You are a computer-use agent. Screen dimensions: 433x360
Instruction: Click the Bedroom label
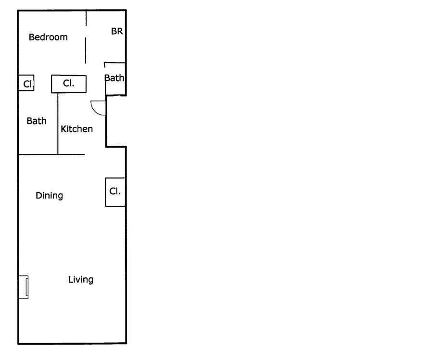pyautogui.click(x=48, y=37)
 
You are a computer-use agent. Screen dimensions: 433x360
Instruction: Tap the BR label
pyautogui.click(x=117, y=31)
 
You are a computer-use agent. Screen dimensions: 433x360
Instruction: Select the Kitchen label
pyautogui.click(x=76, y=129)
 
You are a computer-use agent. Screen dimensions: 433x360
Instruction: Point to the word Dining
pyautogui.click(x=49, y=196)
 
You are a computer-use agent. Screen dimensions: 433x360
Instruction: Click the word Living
pyautogui.click(x=80, y=279)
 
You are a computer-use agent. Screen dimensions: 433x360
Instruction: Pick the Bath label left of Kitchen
pyautogui.click(x=37, y=121)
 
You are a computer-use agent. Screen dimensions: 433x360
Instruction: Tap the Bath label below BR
pyautogui.click(x=115, y=78)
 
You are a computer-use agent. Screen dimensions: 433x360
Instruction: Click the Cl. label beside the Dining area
pyautogui.click(x=115, y=191)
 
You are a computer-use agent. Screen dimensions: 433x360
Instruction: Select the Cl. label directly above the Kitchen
pyautogui.click(x=68, y=83)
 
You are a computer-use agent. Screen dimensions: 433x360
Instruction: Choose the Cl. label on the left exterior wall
pyautogui.click(x=28, y=84)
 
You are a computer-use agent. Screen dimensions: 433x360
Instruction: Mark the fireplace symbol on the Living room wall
pyautogui.click(x=24, y=287)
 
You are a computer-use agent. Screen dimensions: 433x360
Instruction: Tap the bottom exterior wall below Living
pyautogui.click(x=72, y=343)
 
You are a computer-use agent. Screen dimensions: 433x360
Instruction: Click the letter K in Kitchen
pyautogui.click(x=64, y=129)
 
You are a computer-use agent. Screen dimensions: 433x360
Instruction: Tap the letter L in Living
pyautogui.click(x=70, y=279)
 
